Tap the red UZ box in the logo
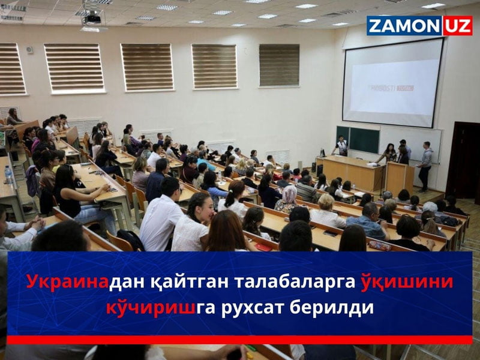coord(457,26)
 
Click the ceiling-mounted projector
coord(92,18)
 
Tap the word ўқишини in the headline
coord(408,281)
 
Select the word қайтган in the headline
coord(170,281)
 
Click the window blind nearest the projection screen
coord(279,65)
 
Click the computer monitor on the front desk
coord(323,153)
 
